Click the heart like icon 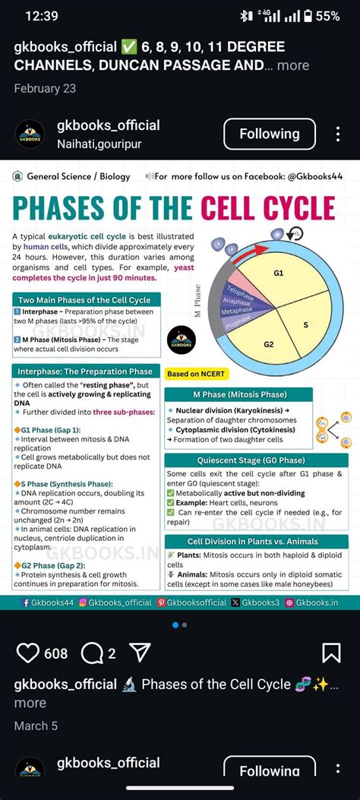pyautogui.click(x=28, y=653)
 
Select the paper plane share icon pyautogui.click(x=140, y=653)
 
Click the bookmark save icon pyautogui.click(x=331, y=653)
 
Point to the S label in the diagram pyautogui.click(x=305, y=324)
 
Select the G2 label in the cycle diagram pyautogui.click(x=268, y=344)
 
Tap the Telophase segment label pyautogui.click(x=240, y=292)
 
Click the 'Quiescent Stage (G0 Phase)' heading pyautogui.click(x=257, y=460)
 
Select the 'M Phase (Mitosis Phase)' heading pyautogui.click(x=238, y=395)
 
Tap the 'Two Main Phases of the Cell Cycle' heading pyautogui.click(x=84, y=299)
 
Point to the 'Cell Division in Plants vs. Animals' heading pyautogui.click(x=256, y=542)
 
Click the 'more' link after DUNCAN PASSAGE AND pyautogui.click(x=293, y=65)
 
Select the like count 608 pyautogui.click(x=56, y=653)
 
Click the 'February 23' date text pyautogui.click(x=45, y=88)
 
